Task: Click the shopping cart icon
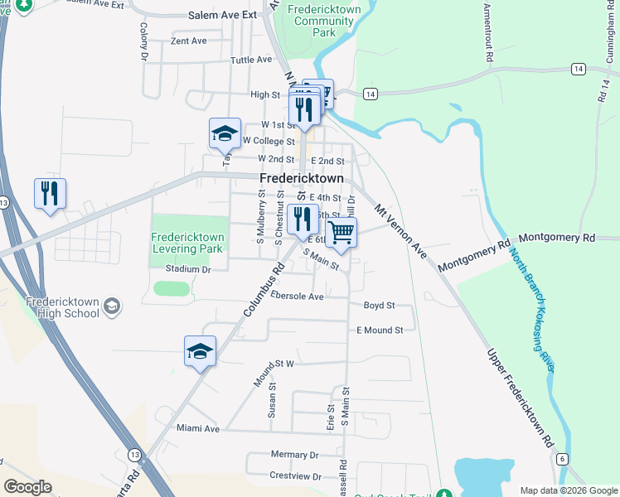pyautogui.click(x=341, y=233)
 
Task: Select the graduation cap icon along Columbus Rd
pyautogui.click(x=200, y=351)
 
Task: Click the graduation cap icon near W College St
pyautogui.click(x=224, y=133)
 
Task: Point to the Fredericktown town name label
pyautogui.click(x=300, y=179)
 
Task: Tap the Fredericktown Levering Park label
pyautogui.click(x=188, y=243)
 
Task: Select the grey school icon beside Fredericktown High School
pyautogui.click(x=112, y=307)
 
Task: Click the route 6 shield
pyautogui.click(x=562, y=458)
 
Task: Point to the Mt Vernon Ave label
pyautogui.click(x=401, y=231)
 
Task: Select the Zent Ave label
pyautogui.click(x=188, y=41)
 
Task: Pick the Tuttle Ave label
pyautogui.click(x=251, y=60)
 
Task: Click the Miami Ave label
pyautogui.click(x=198, y=429)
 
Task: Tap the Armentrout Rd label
pyautogui.click(x=489, y=33)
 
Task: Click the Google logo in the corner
pyautogui.click(x=27, y=486)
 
